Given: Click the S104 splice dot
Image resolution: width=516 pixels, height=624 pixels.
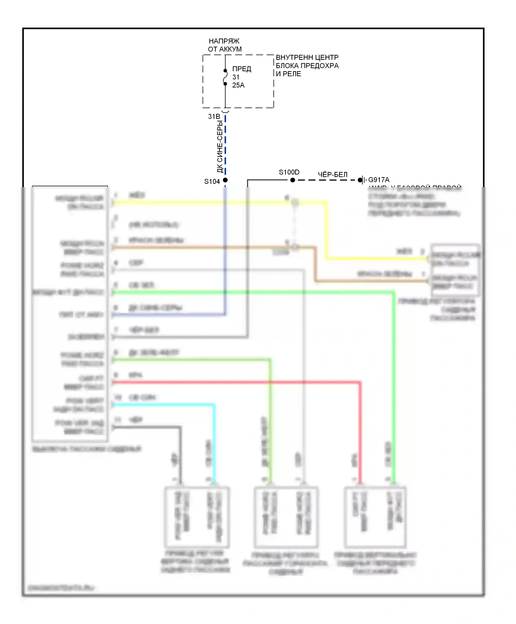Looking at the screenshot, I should point(225,180).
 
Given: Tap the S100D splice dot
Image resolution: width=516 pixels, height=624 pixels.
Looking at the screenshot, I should point(292,180).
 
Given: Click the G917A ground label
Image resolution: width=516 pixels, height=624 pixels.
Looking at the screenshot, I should point(379,180).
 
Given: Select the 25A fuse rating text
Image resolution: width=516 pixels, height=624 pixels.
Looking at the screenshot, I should point(238,85).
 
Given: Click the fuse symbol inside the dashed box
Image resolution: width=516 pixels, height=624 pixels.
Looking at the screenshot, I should point(225,77).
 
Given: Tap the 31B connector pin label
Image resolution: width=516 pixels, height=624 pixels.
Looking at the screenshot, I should point(214,117).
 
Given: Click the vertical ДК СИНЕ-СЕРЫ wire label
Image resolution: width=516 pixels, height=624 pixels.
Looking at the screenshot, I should point(219,146).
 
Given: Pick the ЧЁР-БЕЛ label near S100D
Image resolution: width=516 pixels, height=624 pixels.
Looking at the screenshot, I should point(333,175).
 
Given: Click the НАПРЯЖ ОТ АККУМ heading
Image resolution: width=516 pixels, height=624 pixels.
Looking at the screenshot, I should point(225,45).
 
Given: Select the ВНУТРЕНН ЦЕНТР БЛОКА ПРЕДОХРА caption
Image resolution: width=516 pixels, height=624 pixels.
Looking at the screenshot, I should point(307,65).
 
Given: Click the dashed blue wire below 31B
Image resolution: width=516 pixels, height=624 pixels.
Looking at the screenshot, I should point(225,144).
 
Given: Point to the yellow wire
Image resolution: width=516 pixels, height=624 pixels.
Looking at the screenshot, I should point(220,203).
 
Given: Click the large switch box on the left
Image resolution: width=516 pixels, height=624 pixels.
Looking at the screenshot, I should point(70,313).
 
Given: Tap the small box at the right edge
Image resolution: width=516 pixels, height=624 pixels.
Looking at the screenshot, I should point(455,270).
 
